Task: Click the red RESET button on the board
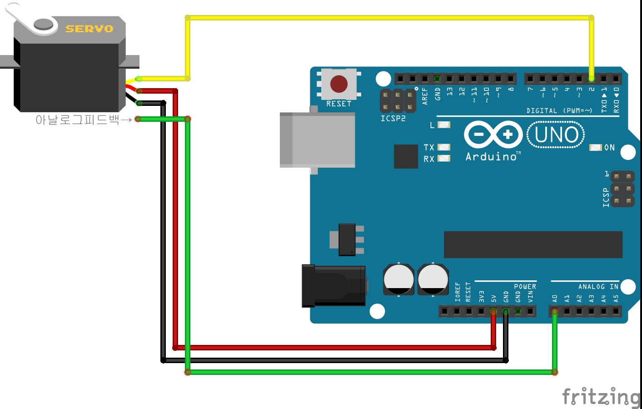coord(339,84)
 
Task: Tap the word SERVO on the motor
coord(89,29)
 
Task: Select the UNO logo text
coord(556,135)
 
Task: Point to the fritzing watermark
coord(601,397)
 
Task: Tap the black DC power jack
coord(334,286)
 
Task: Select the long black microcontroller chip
coord(533,244)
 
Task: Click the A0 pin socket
coord(554,311)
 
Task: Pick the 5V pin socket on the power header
coord(493,311)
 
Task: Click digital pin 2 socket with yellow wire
coord(591,79)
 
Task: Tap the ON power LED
coord(595,147)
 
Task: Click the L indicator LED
coord(443,125)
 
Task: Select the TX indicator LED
coord(443,147)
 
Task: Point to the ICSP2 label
coord(393,119)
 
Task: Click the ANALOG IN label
coord(598,287)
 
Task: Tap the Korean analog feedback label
coord(77,120)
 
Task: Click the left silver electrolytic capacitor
coord(398,279)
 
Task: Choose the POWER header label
coord(525,287)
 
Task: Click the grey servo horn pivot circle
coord(44,24)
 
